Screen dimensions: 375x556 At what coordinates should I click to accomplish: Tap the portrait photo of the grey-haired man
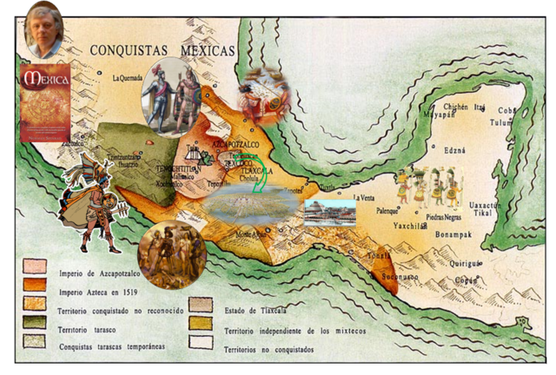(x=43, y=29)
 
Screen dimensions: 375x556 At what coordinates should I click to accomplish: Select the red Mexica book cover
(x=44, y=102)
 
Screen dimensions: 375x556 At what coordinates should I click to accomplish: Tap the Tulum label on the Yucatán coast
(x=502, y=122)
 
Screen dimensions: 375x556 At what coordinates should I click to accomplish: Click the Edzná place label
(x=454, y=150)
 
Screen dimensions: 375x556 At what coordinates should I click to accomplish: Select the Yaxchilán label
(x=411, y=225)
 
